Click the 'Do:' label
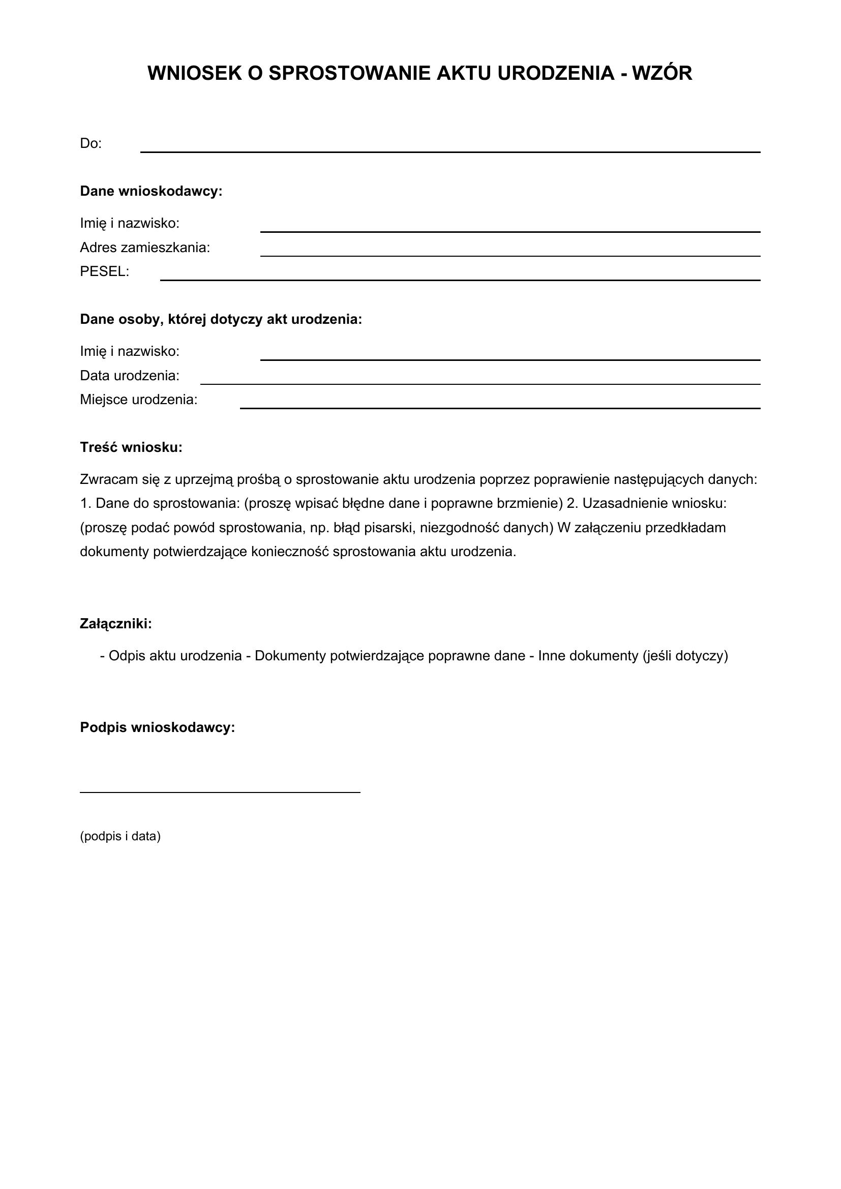(91, 143)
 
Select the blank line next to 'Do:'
(450, 151)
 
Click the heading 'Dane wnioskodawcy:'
(151, 191)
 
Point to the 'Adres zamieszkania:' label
(145, 248)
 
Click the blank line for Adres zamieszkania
(510, 255)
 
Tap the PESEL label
(105, 271)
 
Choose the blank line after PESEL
(460, 280)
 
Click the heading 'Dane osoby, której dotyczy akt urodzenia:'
(221, 319)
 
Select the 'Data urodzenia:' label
(130, 376)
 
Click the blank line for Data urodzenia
(480, 384)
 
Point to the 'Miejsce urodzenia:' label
(139, 400)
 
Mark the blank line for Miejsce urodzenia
(500, 408)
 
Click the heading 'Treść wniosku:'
(131, 447)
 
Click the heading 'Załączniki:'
(116, 624)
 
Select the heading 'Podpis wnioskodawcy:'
(158, 727)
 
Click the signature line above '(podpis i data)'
(220, 792)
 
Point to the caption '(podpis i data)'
(120, 836)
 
